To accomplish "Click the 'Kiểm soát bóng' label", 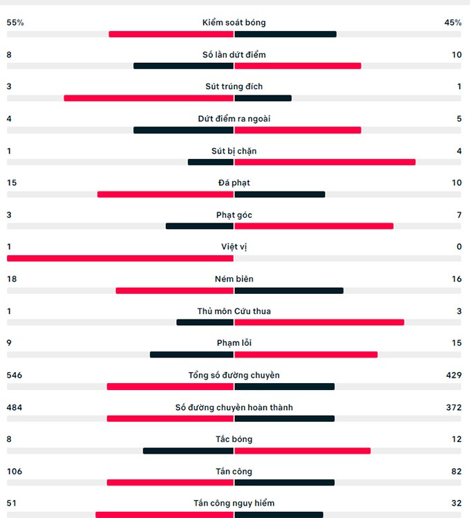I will [x=234, y=23].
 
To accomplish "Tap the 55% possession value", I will [x=15, y=23].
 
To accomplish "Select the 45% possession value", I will [x=453, y=23].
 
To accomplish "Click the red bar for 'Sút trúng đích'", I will [x=149, y=98].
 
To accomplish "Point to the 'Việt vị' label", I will [x=234, y=247].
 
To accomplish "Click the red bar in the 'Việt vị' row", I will [x=120, y=259].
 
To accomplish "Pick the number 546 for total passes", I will [x=15, y=376].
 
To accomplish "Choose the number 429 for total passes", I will [x=453, y=376].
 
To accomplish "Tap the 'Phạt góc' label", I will [x=234, y=215].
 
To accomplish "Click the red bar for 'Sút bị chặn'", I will [x=325, y=163].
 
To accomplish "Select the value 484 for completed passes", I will [x=15, y=407].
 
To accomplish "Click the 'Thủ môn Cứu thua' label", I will [x=234, y=311].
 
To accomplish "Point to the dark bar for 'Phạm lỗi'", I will [x=192, y=355].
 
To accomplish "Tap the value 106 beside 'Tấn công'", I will [x=15, y=472].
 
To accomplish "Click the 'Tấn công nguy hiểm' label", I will [x=234, y=503].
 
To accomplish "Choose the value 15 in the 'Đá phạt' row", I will [x=12, y=183].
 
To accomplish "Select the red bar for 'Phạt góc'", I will [x=314, y=226].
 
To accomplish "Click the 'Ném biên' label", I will [x=234, y=279].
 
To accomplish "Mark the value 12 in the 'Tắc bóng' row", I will [x=456, y=439].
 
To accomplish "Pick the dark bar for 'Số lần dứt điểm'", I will [x=184, y=66].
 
